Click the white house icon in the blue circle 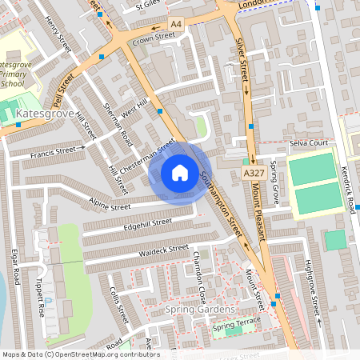(180, 173)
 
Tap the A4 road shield (176, 26)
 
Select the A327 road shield (254, 173)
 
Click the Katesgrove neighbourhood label (44, 115)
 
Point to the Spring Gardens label (200, 310)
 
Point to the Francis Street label (57, 151)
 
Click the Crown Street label (153, 37)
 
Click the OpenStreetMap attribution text (80, 354)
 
